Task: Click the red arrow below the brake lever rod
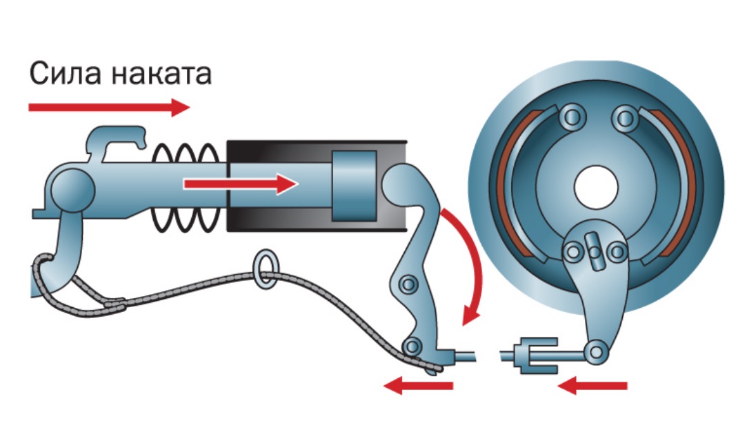point(418,386)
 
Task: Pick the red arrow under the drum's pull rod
point(592,386)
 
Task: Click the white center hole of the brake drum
point(595,188)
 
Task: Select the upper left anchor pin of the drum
point(570,117)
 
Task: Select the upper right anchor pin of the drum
point(624,117)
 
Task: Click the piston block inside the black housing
point(354,186)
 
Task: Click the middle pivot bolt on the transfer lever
point(408,283)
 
